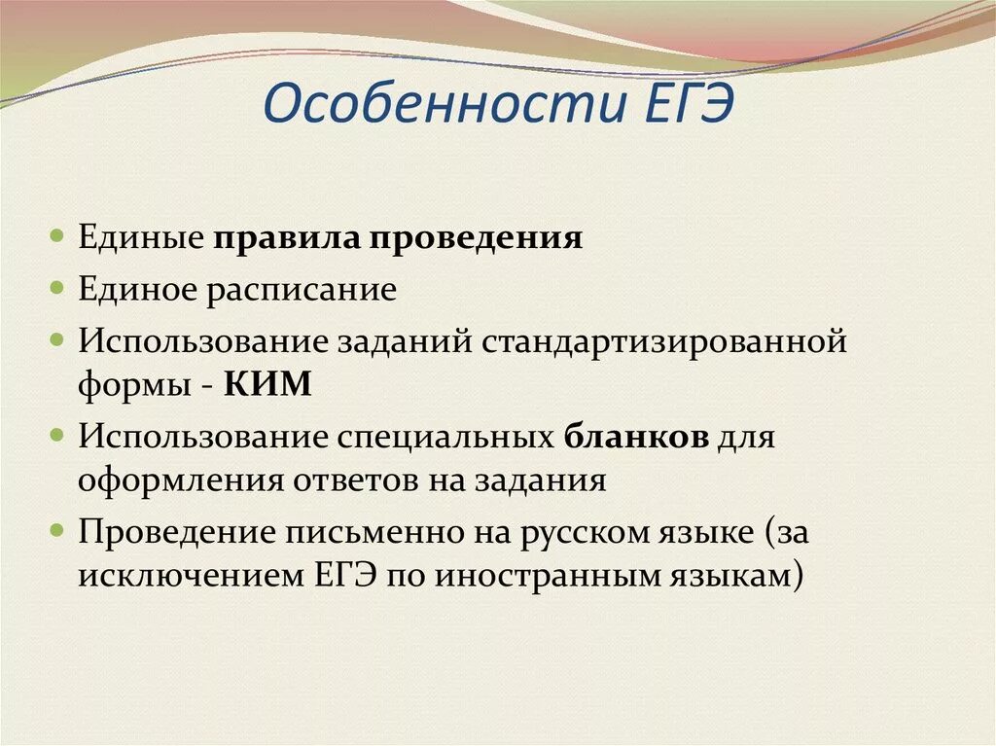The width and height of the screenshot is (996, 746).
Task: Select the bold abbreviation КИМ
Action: point(267,383)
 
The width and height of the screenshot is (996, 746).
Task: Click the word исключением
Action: point(191,575)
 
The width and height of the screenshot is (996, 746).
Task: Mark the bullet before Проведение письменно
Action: point(58,530)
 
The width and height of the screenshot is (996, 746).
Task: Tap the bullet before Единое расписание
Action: point(58,290)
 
